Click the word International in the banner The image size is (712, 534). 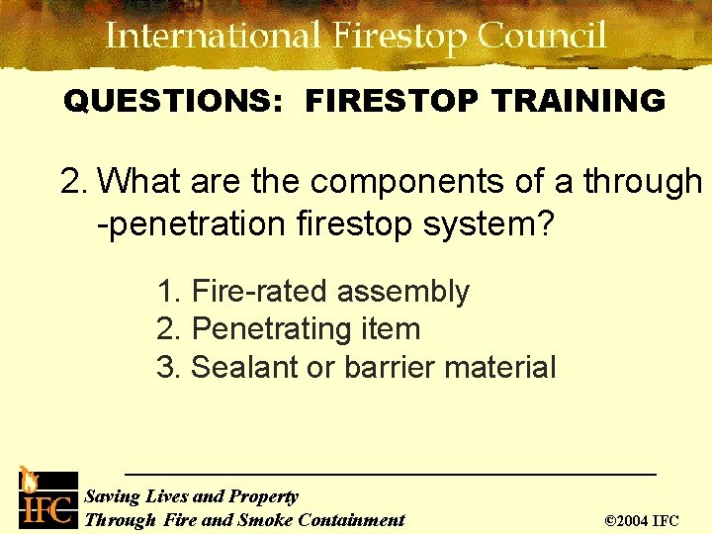tap(214, 37)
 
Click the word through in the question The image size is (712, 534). tap(642, 182)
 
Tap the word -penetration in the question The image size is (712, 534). tap(193, 223)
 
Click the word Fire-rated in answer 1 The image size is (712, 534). tap(260, 292)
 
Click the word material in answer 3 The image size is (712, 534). tap(500, 367)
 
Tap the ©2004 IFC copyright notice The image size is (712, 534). tap(641, 519)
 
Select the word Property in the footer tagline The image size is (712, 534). tap(264, 496)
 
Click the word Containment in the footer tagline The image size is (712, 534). tap(351, 519)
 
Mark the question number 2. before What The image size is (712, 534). tap(74, 182)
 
